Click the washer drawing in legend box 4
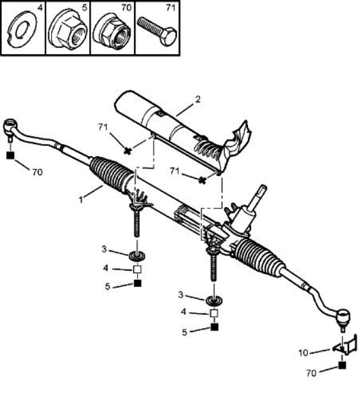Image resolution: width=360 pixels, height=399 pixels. coord(22,29)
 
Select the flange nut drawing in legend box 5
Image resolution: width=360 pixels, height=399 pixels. coord(68,29)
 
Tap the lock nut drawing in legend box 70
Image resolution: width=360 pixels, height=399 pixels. coord(112,31)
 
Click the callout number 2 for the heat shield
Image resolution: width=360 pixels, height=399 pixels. coord(198,99)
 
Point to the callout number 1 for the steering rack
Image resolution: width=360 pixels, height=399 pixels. coord(81,199)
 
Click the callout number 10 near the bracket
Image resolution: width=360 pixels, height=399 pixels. coord(303,353)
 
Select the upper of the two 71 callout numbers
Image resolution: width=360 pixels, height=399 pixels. coord(103,127)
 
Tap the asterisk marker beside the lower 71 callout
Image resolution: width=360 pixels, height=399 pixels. coord(202,180)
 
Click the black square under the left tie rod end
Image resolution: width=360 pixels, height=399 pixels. coord(10,156)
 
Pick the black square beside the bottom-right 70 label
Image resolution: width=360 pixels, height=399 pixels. coord(342,365)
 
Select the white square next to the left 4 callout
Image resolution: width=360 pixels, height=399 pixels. coord(137,269)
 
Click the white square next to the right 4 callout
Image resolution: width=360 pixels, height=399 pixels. coord(214,313)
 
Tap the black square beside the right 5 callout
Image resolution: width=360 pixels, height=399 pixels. coord(215,327)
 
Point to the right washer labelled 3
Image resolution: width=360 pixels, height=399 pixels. coord(214,301)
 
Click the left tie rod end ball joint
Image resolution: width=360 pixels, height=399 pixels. coord(11,126)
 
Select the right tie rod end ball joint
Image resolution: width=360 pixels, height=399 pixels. coord(343,317)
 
